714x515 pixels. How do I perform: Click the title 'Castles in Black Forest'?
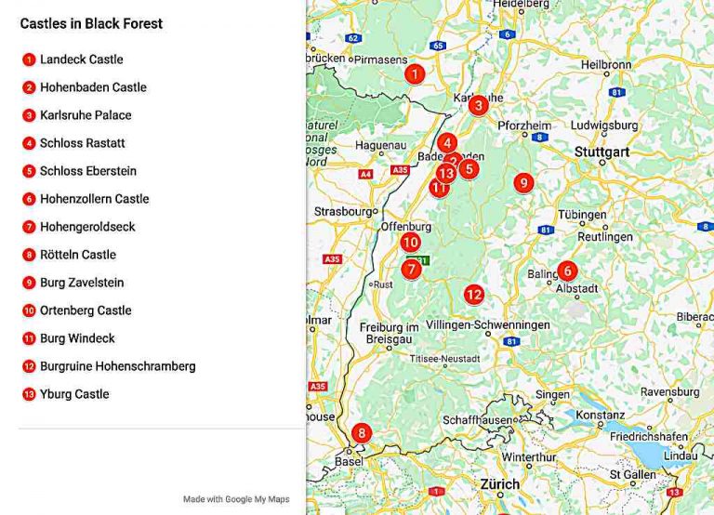[91, 24]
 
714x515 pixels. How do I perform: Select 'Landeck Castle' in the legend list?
[81, 59]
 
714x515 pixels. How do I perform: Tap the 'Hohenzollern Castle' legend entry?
[94, 199]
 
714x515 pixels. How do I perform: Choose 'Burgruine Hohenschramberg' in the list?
[117, 366]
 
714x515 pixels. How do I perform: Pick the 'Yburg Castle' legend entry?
[74, 394]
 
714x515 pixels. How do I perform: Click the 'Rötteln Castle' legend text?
[78, 255]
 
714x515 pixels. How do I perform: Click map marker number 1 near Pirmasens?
[415, 74]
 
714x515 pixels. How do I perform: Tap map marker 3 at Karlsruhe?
[478, 105]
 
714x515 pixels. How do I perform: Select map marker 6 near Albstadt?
[567, 271]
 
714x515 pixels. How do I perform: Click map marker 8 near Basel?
[361, 433]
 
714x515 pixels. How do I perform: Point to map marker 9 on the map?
[523, 183]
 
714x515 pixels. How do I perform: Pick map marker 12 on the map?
[474, 295]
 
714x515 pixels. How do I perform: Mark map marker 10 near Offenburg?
[411, 243]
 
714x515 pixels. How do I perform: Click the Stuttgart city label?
[602, 152]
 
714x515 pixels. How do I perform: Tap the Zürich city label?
[500, 484]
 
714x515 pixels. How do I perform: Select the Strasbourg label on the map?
[343, 211]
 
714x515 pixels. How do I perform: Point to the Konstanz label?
[600, 416]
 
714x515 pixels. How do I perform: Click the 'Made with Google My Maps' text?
[236, 499]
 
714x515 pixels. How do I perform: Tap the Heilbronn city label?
[606, 65]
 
